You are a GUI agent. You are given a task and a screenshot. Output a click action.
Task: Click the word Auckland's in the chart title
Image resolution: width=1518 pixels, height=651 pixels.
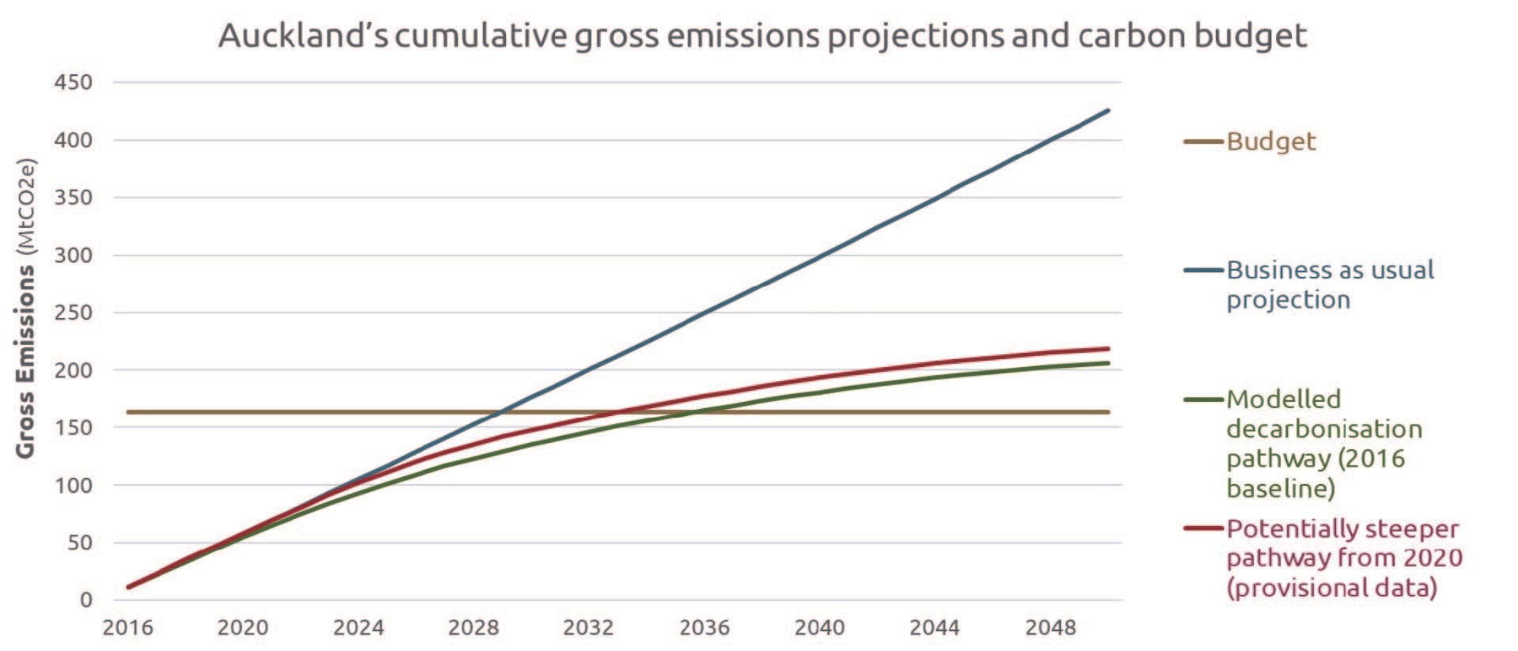click(303, 36)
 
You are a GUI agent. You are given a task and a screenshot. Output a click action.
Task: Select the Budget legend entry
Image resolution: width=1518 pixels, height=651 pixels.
click(1271, 142)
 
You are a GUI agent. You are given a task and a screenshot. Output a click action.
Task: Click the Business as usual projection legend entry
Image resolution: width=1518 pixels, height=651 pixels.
click(1329, 285)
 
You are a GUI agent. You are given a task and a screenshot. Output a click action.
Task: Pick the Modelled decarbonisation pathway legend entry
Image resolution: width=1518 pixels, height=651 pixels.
click(1324, 444)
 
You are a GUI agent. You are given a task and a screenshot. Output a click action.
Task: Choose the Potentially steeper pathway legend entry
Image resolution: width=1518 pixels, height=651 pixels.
click(1343, 558)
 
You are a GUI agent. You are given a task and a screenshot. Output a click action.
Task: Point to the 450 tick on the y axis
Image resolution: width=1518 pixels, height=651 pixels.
click(73, 82)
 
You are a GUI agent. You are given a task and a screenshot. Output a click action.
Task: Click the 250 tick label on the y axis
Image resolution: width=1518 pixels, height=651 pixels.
click(73, 312)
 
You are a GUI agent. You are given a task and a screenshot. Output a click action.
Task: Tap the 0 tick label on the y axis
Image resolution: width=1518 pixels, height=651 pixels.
click(85, 600)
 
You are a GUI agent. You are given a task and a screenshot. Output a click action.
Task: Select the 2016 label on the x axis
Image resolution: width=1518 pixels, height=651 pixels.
click(128, 628)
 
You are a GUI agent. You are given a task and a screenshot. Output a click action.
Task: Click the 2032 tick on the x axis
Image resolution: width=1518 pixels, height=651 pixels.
click(588, 628)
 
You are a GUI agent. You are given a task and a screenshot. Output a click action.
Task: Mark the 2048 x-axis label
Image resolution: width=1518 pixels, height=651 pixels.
click(1050, 628)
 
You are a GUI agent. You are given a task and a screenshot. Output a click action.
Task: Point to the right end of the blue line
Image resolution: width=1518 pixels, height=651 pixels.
click(1108, 110)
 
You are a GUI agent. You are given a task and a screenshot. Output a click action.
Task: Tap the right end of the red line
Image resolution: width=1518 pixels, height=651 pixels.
click(1108, 348)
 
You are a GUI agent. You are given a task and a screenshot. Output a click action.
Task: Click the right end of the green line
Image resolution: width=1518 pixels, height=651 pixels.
click(1108, 363)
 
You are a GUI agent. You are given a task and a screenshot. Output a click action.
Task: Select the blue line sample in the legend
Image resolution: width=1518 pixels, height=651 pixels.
click(1203, 271)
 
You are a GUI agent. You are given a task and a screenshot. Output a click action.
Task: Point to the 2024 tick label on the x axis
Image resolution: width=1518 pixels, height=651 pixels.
click(358, 628)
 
